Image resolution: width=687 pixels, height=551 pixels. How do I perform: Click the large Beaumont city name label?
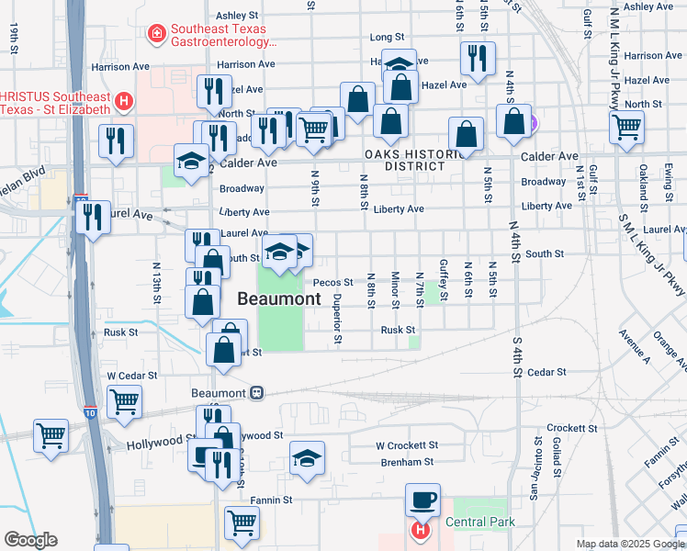point(279,298)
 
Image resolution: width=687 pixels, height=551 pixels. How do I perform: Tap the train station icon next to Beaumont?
point(256,392)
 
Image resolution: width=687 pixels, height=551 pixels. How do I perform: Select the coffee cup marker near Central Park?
point(422,500)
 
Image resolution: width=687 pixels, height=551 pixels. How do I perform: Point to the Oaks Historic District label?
point(414,160)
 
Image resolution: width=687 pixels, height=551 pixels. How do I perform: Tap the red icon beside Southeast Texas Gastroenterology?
point(157,34)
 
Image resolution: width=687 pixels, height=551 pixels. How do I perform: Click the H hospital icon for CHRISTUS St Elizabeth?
point(124,101)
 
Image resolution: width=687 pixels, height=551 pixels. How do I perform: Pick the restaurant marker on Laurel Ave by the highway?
point(93,219)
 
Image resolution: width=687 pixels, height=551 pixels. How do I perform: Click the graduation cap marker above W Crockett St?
point(308,458)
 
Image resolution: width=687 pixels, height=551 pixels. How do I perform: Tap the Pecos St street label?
point(332,283)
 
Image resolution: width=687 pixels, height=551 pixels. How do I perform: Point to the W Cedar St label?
point(132,375)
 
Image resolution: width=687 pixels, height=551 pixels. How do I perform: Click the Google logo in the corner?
point(30,540)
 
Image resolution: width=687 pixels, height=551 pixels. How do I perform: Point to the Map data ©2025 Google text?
point(628,544)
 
